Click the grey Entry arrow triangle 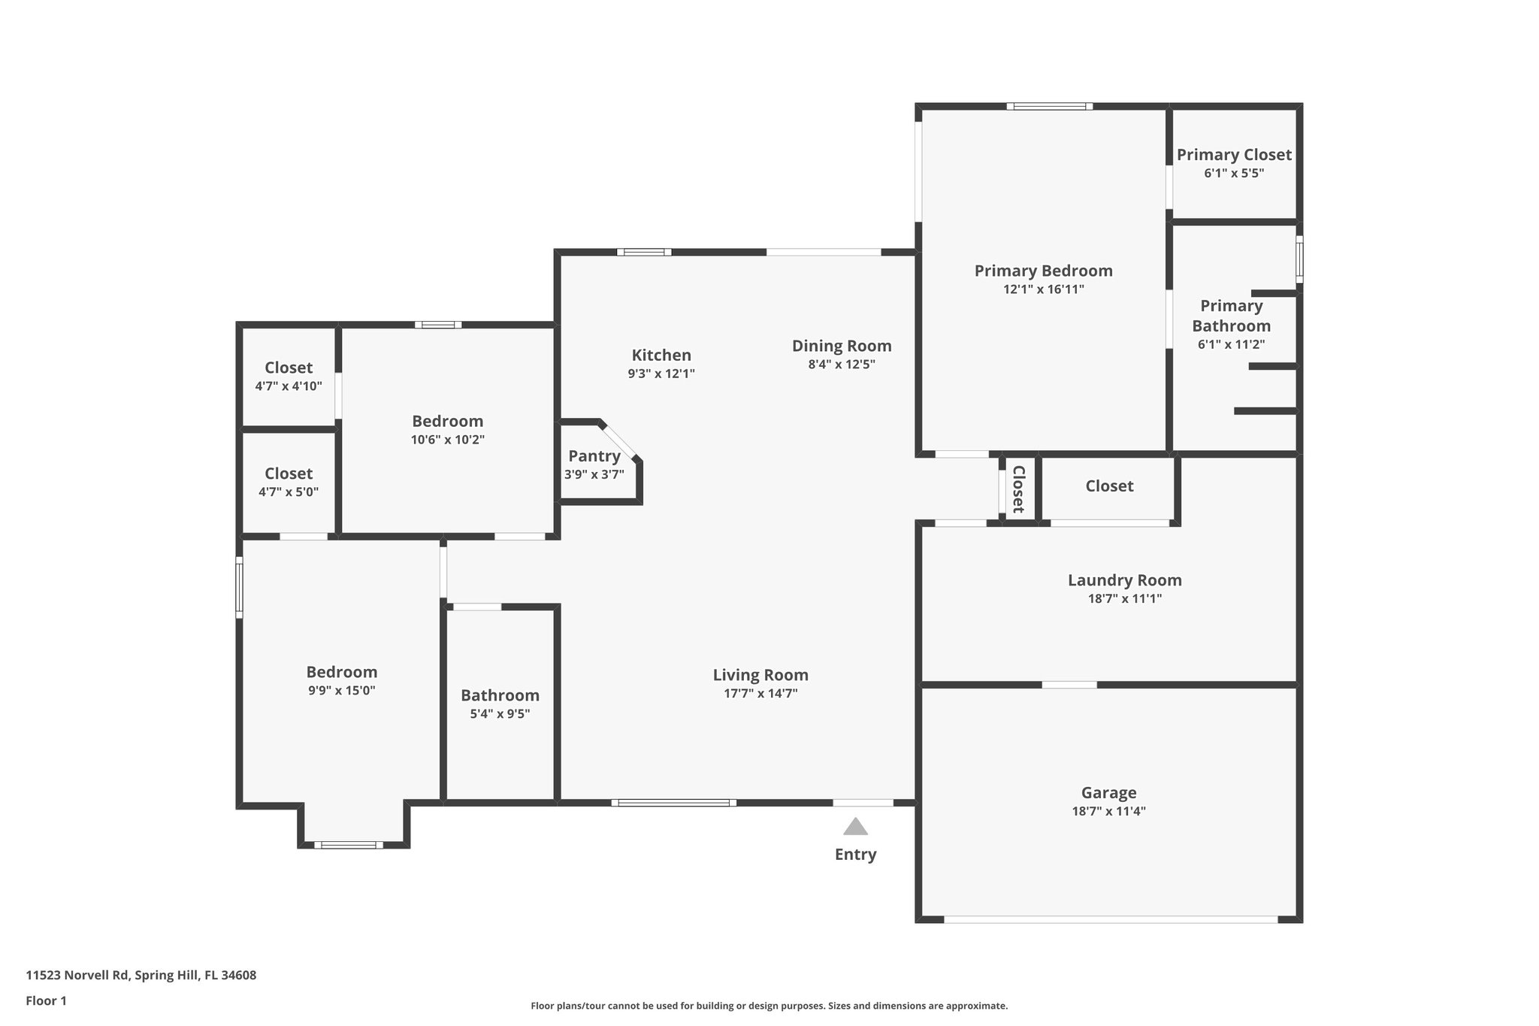click(855, 828)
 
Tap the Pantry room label click(594, 456)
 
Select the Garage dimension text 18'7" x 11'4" click(1108, 811)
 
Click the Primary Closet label click(1234, 155)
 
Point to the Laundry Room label click(1124, 580)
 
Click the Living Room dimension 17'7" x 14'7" click(760, 694)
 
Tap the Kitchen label click(661, 356)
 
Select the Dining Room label click(842, 346)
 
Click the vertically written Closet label click(1019, 489)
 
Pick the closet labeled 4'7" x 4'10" click(289, 376)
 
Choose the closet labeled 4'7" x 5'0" click(289, 482)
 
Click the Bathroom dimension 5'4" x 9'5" click(500, 714)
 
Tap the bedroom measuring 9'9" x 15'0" click(341, 680)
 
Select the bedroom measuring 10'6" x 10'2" click(447, 429)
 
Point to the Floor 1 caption click(46, 1000)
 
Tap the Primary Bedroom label click(1043, 271)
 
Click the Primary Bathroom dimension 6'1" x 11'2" click(1231, 345)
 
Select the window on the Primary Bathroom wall click(1299, 259)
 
